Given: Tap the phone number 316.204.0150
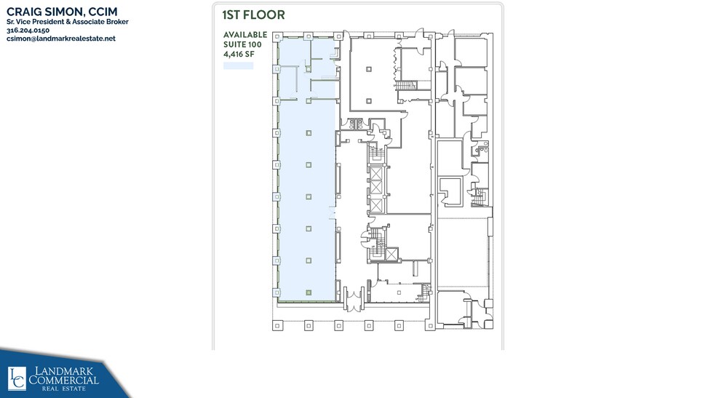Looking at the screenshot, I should [28, 31].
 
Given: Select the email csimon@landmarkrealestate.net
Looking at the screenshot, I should [61, 39].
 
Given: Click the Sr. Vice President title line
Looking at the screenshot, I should [68, 22].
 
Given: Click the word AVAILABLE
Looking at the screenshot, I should [244, 35].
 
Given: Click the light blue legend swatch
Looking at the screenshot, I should [238, 65].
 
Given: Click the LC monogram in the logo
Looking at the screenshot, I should [16, 378].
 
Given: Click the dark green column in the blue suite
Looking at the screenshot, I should [309, 292].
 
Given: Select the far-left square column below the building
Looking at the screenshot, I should [276, 325].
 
